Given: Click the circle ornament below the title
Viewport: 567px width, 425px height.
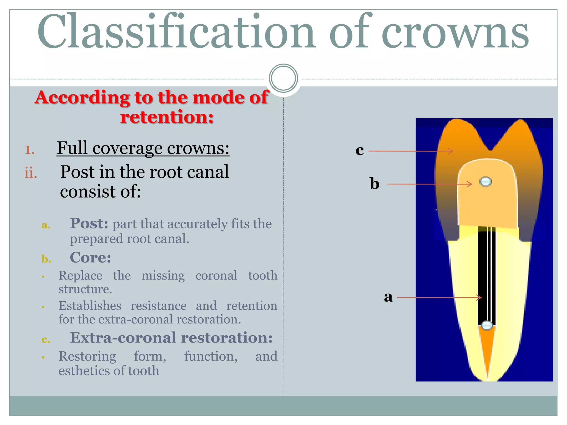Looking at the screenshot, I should pos(283,78).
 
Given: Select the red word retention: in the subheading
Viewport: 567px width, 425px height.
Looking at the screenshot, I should pos(167,117).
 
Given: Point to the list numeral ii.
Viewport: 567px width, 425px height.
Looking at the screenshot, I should pos(30,173).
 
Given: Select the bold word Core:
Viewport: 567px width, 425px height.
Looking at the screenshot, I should pos(90,258).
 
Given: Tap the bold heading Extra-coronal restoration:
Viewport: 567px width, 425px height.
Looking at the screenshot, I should pos(171,338).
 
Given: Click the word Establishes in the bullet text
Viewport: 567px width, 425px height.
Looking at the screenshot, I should pos(90,306).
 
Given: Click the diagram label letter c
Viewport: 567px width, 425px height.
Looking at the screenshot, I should pos(360,151).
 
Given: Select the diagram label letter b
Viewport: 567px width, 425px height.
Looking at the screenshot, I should pos(375,183).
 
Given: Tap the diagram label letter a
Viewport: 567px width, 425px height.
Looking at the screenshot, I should pos(388,297).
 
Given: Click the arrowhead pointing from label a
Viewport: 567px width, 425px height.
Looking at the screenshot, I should pos(480,298).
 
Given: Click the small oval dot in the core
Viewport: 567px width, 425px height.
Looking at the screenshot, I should pos(485,182).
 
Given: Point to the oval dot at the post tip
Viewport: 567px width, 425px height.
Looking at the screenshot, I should pos(486,325).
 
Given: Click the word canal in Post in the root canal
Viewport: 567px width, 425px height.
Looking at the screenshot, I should pos(208,172).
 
